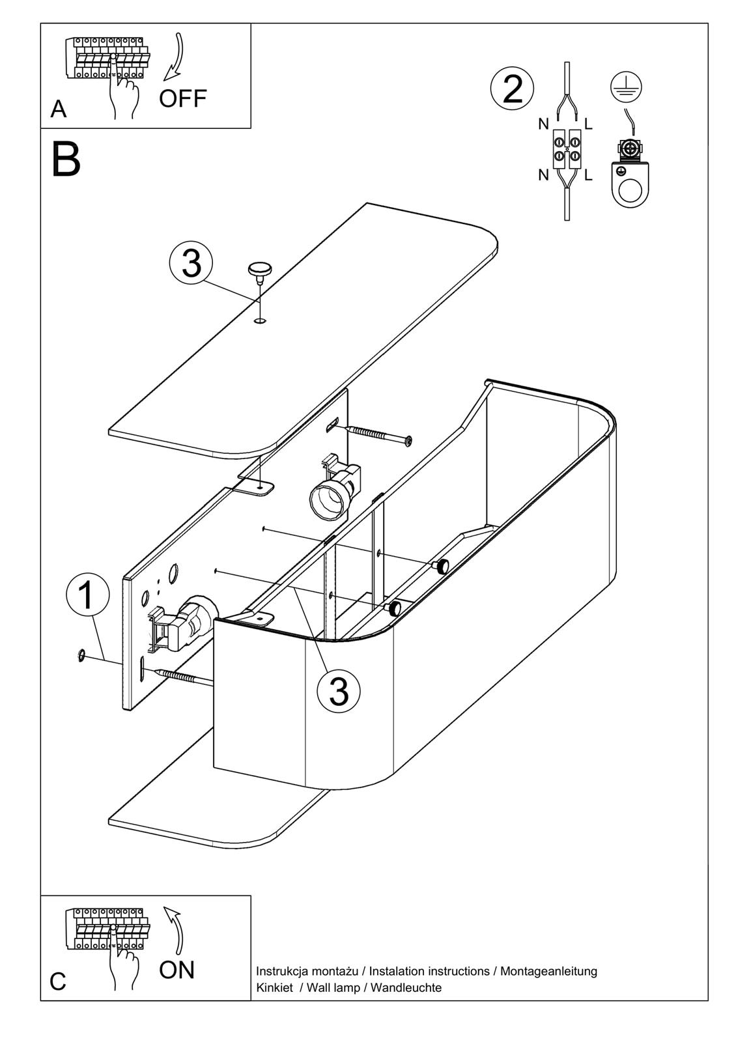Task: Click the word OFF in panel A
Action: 182,99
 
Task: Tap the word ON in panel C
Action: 177,970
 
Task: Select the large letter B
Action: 66,160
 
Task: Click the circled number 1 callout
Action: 87,593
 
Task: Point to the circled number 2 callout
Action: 513,89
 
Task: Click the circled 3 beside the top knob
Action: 191,264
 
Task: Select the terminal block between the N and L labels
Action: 567,149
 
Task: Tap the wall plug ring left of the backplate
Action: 81,655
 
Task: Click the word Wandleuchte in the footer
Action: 406,988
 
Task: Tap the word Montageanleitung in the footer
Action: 548,971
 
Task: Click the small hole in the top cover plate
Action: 261,320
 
